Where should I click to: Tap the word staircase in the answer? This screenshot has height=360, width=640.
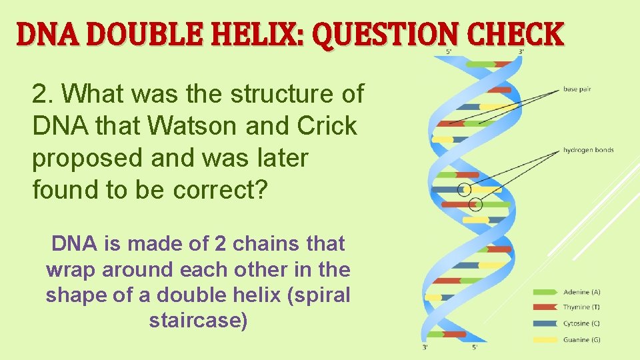[199, 321]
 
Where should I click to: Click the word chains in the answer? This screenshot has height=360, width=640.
[271, 244]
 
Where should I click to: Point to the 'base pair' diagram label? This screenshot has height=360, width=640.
[577, 89]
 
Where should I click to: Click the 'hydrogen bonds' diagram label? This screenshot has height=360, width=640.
[588, 150]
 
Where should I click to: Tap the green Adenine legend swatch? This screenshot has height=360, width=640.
[545, 292]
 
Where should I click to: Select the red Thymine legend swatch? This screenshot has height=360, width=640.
[545, 308]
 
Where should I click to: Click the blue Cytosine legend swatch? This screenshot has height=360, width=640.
[545, 324]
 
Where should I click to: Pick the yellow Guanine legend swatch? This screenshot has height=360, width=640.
[545, 340]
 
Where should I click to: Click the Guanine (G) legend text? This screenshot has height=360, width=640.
[581, 340]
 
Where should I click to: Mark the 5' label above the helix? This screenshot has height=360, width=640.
[449, 51]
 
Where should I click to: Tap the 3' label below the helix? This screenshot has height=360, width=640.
[425, 347]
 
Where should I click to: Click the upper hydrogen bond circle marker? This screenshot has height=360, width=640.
[465, 189]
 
